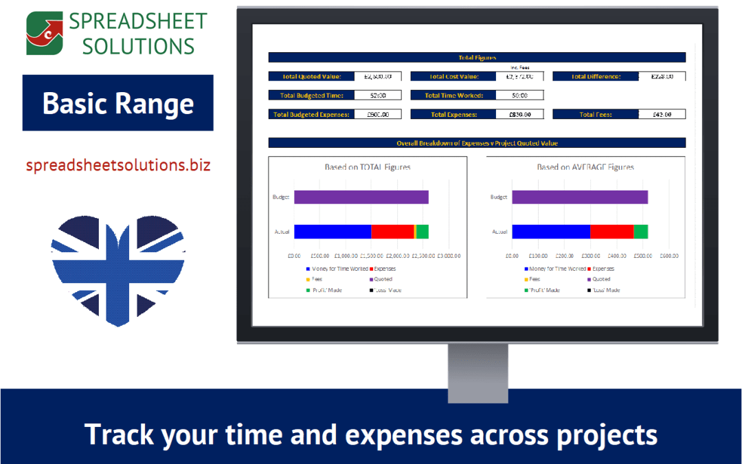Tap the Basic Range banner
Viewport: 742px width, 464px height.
pyautogui.click(x=118, y=103)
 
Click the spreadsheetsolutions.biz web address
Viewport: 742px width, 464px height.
pyautogui.click(x=118, y=166)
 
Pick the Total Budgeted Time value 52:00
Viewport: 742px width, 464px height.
pyautogui.click(x=377, y=96)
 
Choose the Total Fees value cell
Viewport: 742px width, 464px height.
pyautogui.click(x=662, y=114)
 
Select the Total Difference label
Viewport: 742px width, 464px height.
pyautogui.click(x=596, y=77)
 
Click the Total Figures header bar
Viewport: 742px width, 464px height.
pyautogui.click(x=477, y=58)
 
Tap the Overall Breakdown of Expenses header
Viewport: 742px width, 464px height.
pyautogui.click(x=477, y=143)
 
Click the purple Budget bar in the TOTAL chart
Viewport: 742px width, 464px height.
pyautogui.click(x=361, y=197)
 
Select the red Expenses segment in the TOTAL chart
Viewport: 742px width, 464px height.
pyautogui.click(x=392, y=232)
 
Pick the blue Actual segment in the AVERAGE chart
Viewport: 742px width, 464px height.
pyautogui.click(x=551, y=232)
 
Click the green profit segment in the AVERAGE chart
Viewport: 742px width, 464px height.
pyautogui.click(x=640, y=232)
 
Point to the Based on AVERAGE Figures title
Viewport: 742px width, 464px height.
pyautogui.click(x=585, y=167)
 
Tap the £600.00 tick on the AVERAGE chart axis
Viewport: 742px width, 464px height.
pyautogui.click(x=669, y=256)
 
